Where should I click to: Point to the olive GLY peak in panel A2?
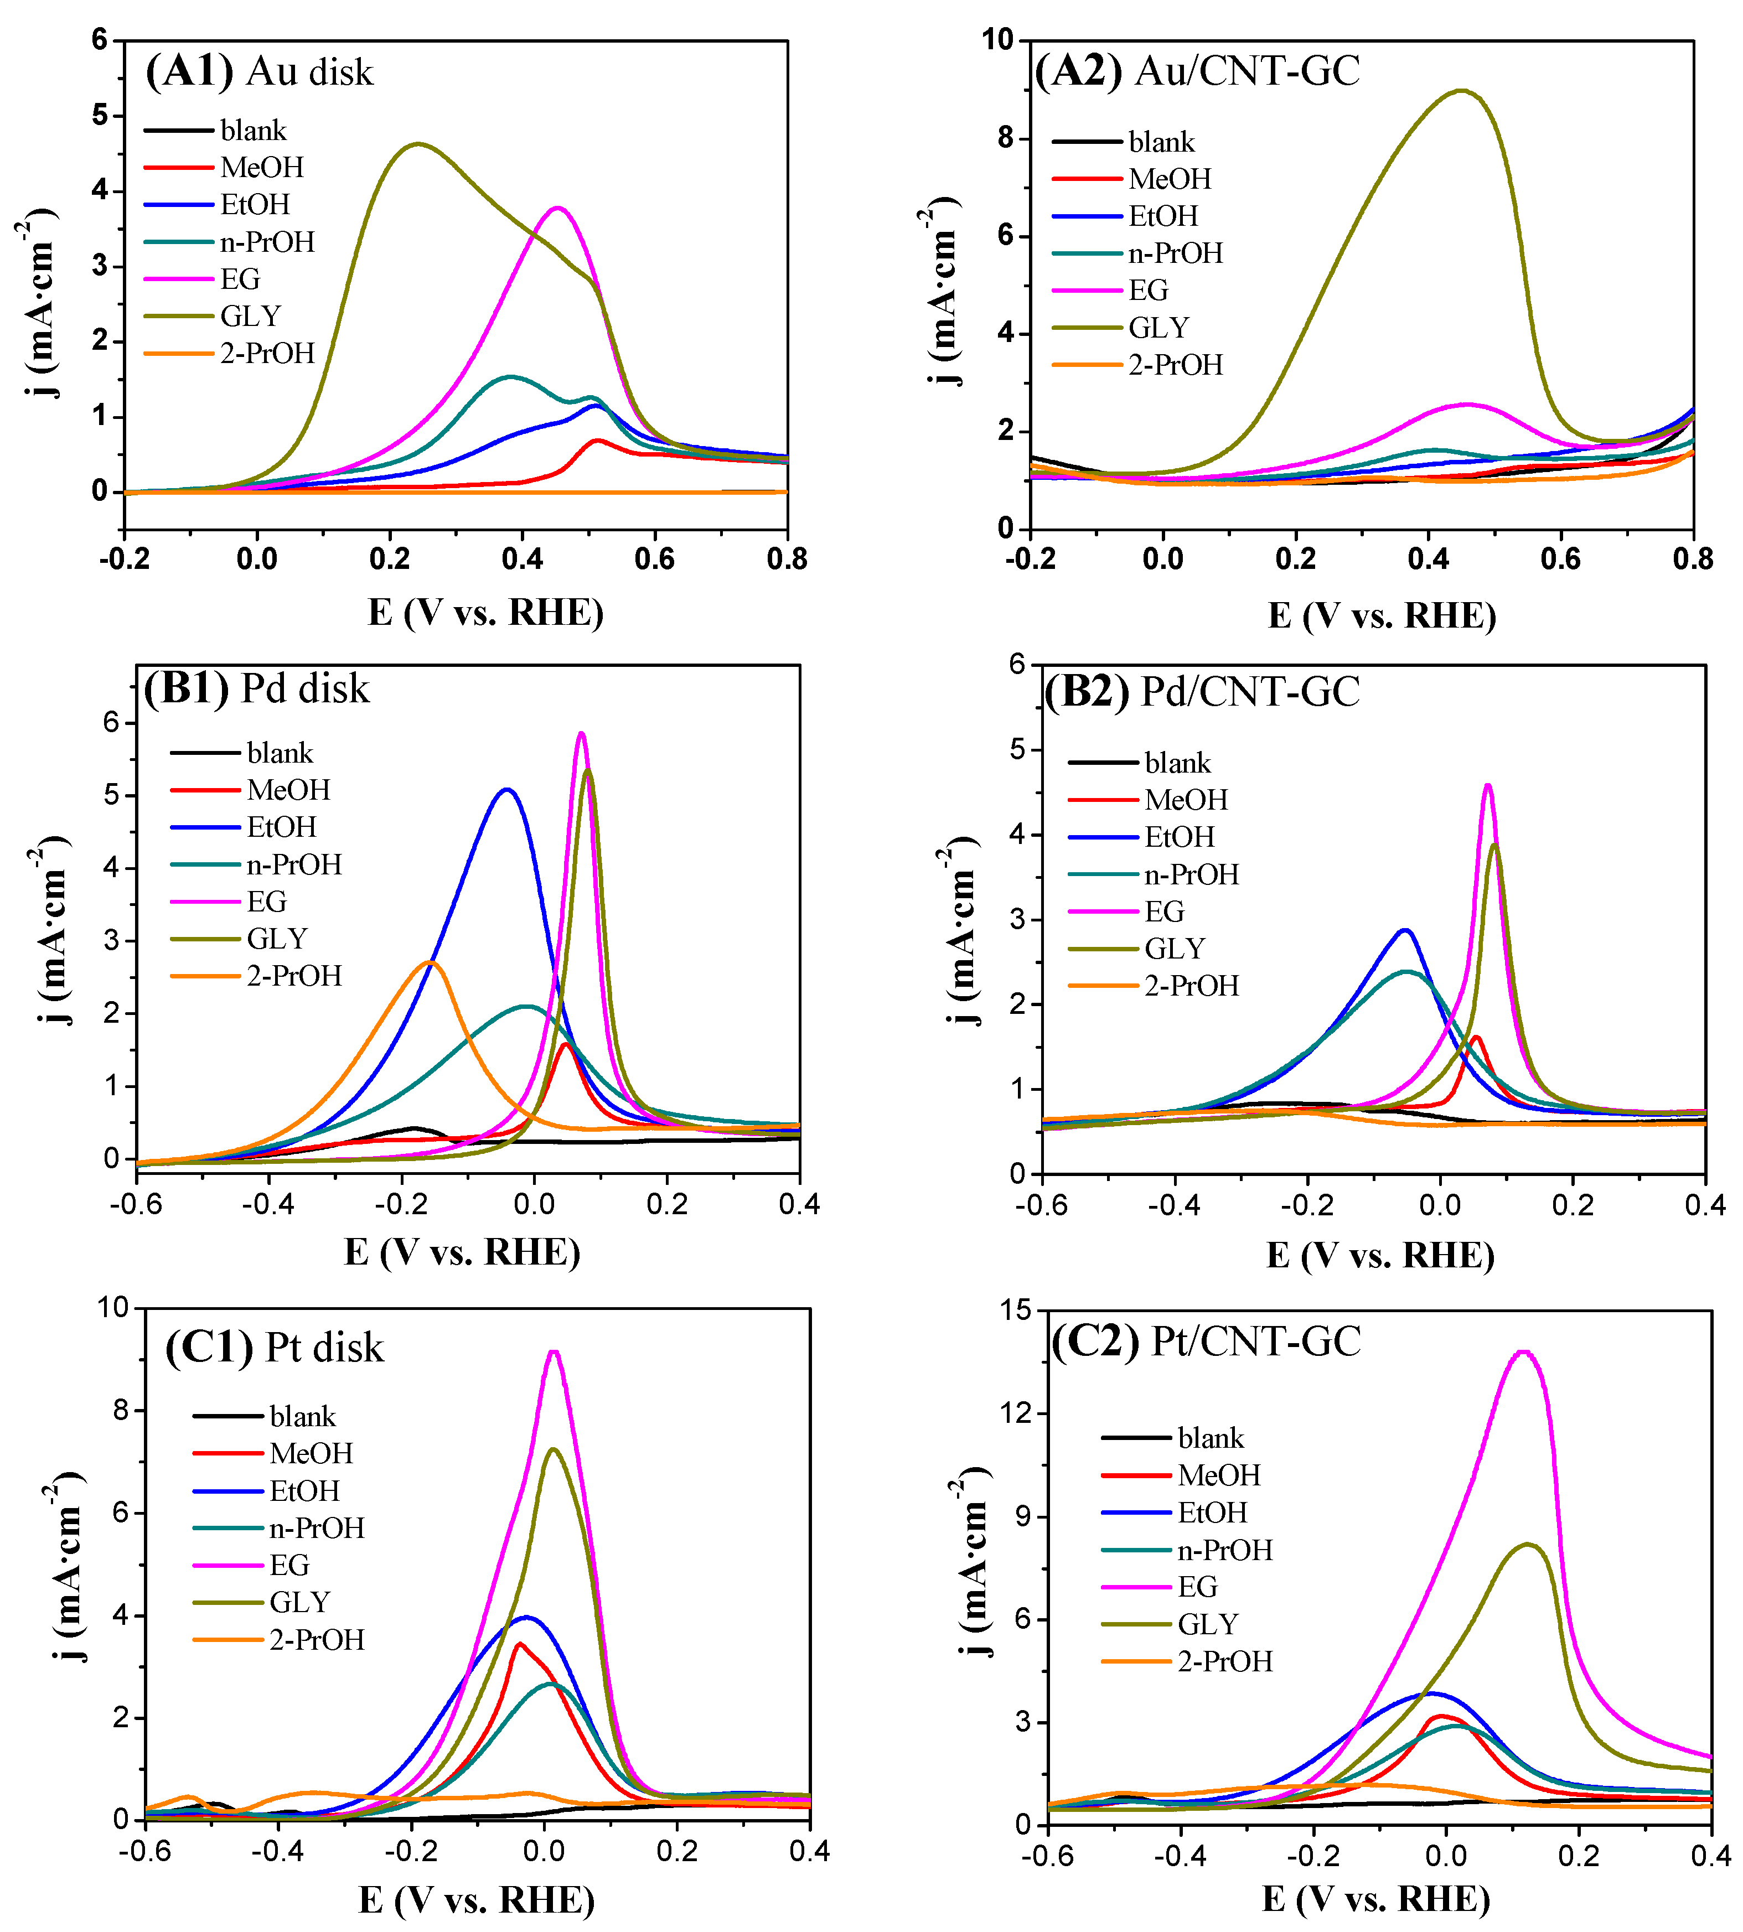click(x=1461, y=91)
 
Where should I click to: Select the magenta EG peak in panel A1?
click(x=557, y=208)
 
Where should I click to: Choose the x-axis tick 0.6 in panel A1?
click(x=654, y=559)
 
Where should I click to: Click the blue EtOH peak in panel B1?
click(x=506, y=790)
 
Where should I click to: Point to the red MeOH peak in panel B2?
click(x=1476, y=1037)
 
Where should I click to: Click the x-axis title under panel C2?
click(x=1376, y=1898)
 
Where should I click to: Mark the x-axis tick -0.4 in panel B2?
click(x=1174, y=1204)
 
